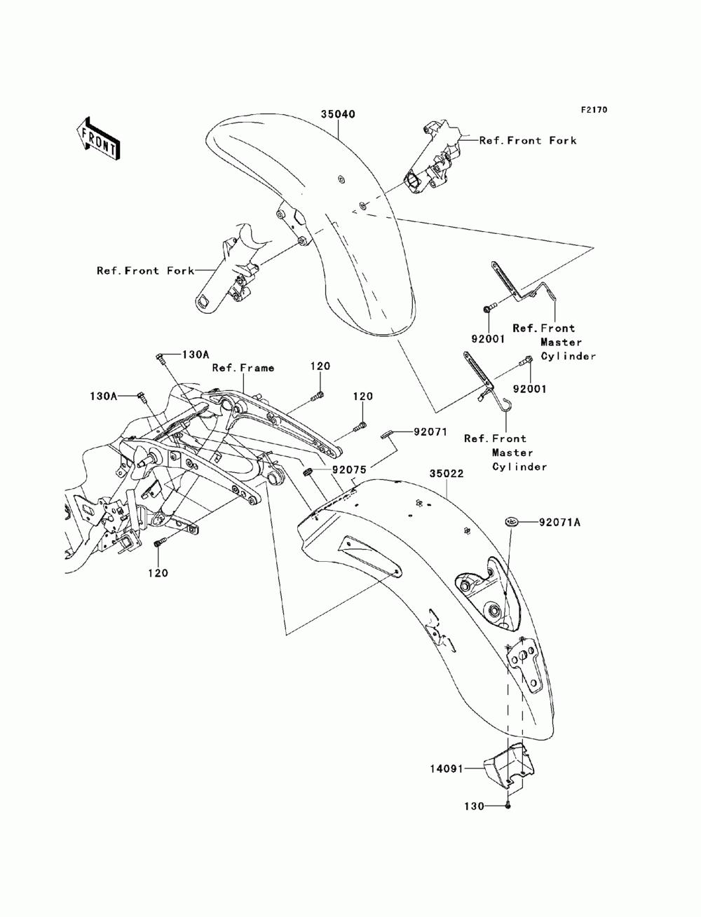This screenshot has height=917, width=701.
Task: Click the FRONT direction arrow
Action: [x=98, y=139]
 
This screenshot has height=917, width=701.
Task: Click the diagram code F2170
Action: [x=594, y=110]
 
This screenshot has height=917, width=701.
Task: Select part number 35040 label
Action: [x=338, y=114]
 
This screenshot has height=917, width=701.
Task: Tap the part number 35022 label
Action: [x=447, y=474]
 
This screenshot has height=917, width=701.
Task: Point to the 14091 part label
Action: [x=447, y=768]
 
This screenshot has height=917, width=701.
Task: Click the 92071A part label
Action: [x=559, y=522]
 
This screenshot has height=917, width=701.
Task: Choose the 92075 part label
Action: [x=350, y=469]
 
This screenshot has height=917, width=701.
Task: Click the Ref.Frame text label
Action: [x=243, y=368]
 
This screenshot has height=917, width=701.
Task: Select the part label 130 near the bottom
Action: [x=474, y=806]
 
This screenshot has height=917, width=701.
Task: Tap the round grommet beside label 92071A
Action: [x=512, y=521]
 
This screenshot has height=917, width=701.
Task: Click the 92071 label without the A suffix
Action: [x=430, y=432]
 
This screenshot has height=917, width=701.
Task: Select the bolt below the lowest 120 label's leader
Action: [x=159, y=543]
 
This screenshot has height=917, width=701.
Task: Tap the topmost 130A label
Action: [x=195, y=354]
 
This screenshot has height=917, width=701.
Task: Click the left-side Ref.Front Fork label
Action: [x=146, y=270]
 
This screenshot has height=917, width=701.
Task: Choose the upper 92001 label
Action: [x=488, y=339]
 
